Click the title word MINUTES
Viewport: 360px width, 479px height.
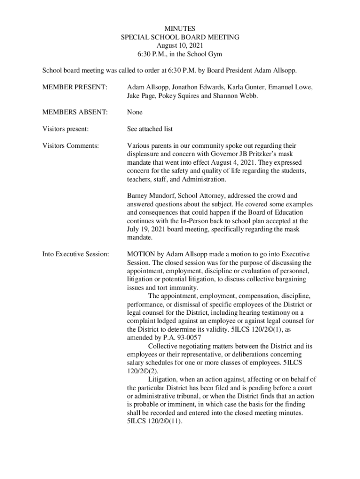[x=180, y=29]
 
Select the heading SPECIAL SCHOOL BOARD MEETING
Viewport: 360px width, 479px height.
[x=180, y=37]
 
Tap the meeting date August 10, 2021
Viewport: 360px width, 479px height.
[x=180, y=46]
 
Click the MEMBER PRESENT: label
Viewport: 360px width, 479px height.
[x=75, y=87]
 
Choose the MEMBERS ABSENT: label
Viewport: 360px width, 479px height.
[x=75, y=112]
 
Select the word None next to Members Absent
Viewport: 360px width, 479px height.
[x=135, y=112]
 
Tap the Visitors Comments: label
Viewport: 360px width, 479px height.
[x=71, y=145]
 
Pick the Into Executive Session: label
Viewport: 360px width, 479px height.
[x=76, y=254]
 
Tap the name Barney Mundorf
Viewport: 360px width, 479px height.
[x=149, y=196]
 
